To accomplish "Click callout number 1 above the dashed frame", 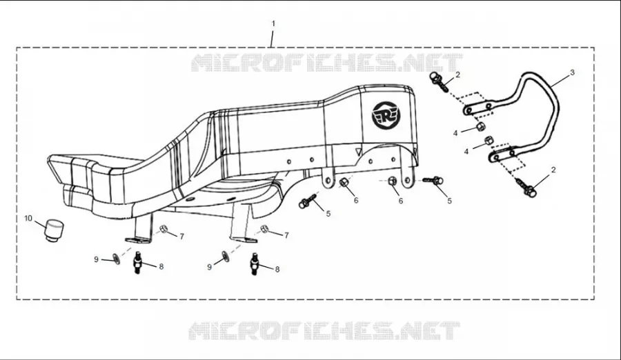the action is point(273,23).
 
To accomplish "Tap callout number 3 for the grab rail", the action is point(572,72).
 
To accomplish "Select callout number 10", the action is point(28,218).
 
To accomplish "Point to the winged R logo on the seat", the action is point(386,115).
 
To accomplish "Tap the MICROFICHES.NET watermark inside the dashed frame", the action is point(327,63).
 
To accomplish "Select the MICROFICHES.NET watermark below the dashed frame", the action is point(324,331).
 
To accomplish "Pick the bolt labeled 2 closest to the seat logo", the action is point(440,81).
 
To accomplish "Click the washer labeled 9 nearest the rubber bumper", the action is point(117,259).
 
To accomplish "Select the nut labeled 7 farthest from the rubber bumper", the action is point(265,228).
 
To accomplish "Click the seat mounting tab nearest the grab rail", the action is point(408,177).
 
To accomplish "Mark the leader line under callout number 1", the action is point(272,38).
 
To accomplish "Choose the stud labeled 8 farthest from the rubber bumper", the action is point(255,263).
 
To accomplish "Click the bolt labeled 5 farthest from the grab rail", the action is point(309,201).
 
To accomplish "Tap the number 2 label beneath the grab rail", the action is point(553,170).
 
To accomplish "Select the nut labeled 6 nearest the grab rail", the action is point(392,181).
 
